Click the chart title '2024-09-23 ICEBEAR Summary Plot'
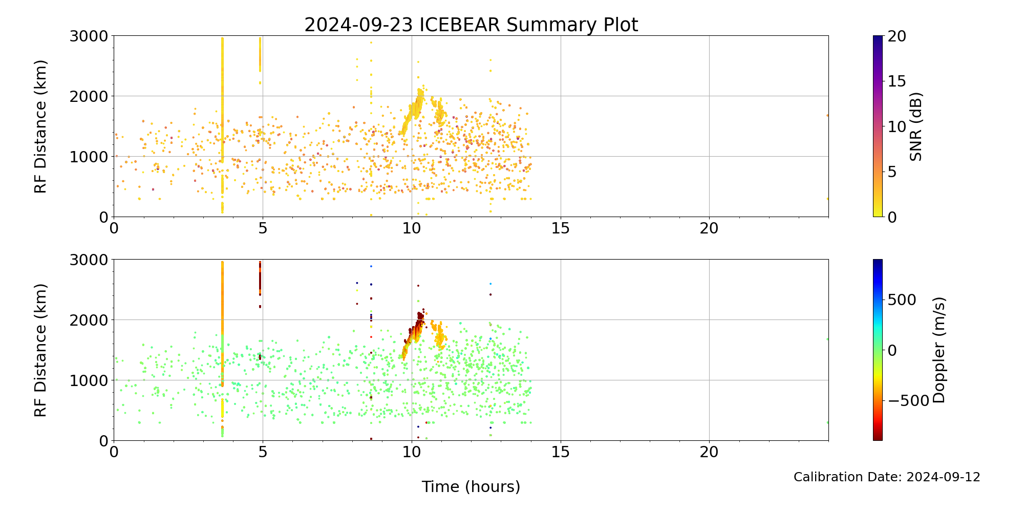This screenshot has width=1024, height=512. (x=471, y=25)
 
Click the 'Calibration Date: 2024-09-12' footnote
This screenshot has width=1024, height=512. (x=887, y=477)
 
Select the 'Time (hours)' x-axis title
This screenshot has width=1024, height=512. (x=471, y=487)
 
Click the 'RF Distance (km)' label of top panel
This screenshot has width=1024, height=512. (x=40, y=126)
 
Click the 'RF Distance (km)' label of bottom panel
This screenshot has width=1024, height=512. (x=40, y=350)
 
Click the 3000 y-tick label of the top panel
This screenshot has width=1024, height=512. (x=89, y=36)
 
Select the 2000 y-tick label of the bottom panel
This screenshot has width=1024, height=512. (x=89, y=320)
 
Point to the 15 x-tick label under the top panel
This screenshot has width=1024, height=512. (x=561, y=228)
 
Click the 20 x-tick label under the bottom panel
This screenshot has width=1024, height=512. (x=709, y=452)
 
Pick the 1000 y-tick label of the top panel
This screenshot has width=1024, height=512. (x=89, y=157)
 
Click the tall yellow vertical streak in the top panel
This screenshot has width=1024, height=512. (x=222, y=102)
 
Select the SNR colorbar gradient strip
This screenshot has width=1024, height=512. (x=878, y=126)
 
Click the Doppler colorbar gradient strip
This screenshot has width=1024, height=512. (x=878, y=350)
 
